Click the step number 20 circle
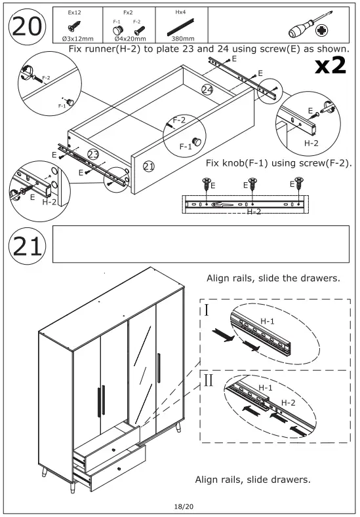click(27, 27)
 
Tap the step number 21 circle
click(27, 246)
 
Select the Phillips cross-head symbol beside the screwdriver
click(322, 31)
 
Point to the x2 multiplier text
click(330, 65)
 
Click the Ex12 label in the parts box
click(74, 12)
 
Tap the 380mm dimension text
click(183, 39)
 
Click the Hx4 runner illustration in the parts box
click(180, 28)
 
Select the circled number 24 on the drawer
click(207, 89)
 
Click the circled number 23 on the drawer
click(93, 154)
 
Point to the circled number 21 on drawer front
click(148, 166)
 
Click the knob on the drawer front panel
click(196, 142)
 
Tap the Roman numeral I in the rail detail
click(207, 310)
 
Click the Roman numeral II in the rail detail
click(209, 380)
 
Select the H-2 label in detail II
click(288, 402)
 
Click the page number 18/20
click(184, 506)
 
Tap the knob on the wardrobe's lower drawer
click(119, 469)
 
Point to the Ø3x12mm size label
click(77, 39)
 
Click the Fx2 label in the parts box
click(128, 12)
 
